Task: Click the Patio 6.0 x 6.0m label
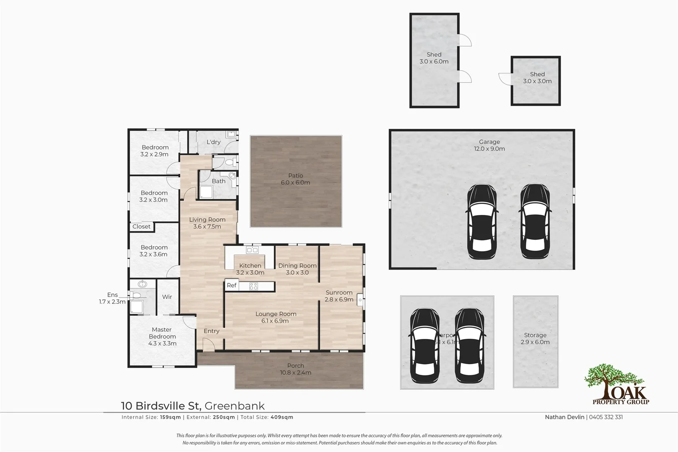(x=295, y=179)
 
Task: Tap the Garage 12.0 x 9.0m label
(x=489, y=145)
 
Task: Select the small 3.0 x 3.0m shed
(x=536, y=80)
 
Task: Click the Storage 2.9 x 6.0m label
(x=535, y=339)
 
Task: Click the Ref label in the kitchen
(x=232, y=285)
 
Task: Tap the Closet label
(x=141, y=227)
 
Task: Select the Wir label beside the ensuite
(x=167, y=297)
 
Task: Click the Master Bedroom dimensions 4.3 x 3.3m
(x=162, y=344)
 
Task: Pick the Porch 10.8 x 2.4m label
(x=295, y=369)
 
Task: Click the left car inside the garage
(x=482, y=221)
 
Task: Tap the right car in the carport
(x=470, y=346)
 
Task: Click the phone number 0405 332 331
(x=606, y=417)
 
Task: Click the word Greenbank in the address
(x=235, y=406)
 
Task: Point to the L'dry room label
(x=213, y=142)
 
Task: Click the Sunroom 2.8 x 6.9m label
(x=339, y=296)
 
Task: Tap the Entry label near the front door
(x=211, y=331)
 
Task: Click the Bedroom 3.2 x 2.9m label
(x=155, y=151)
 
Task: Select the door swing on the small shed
(x=505, y=79)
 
